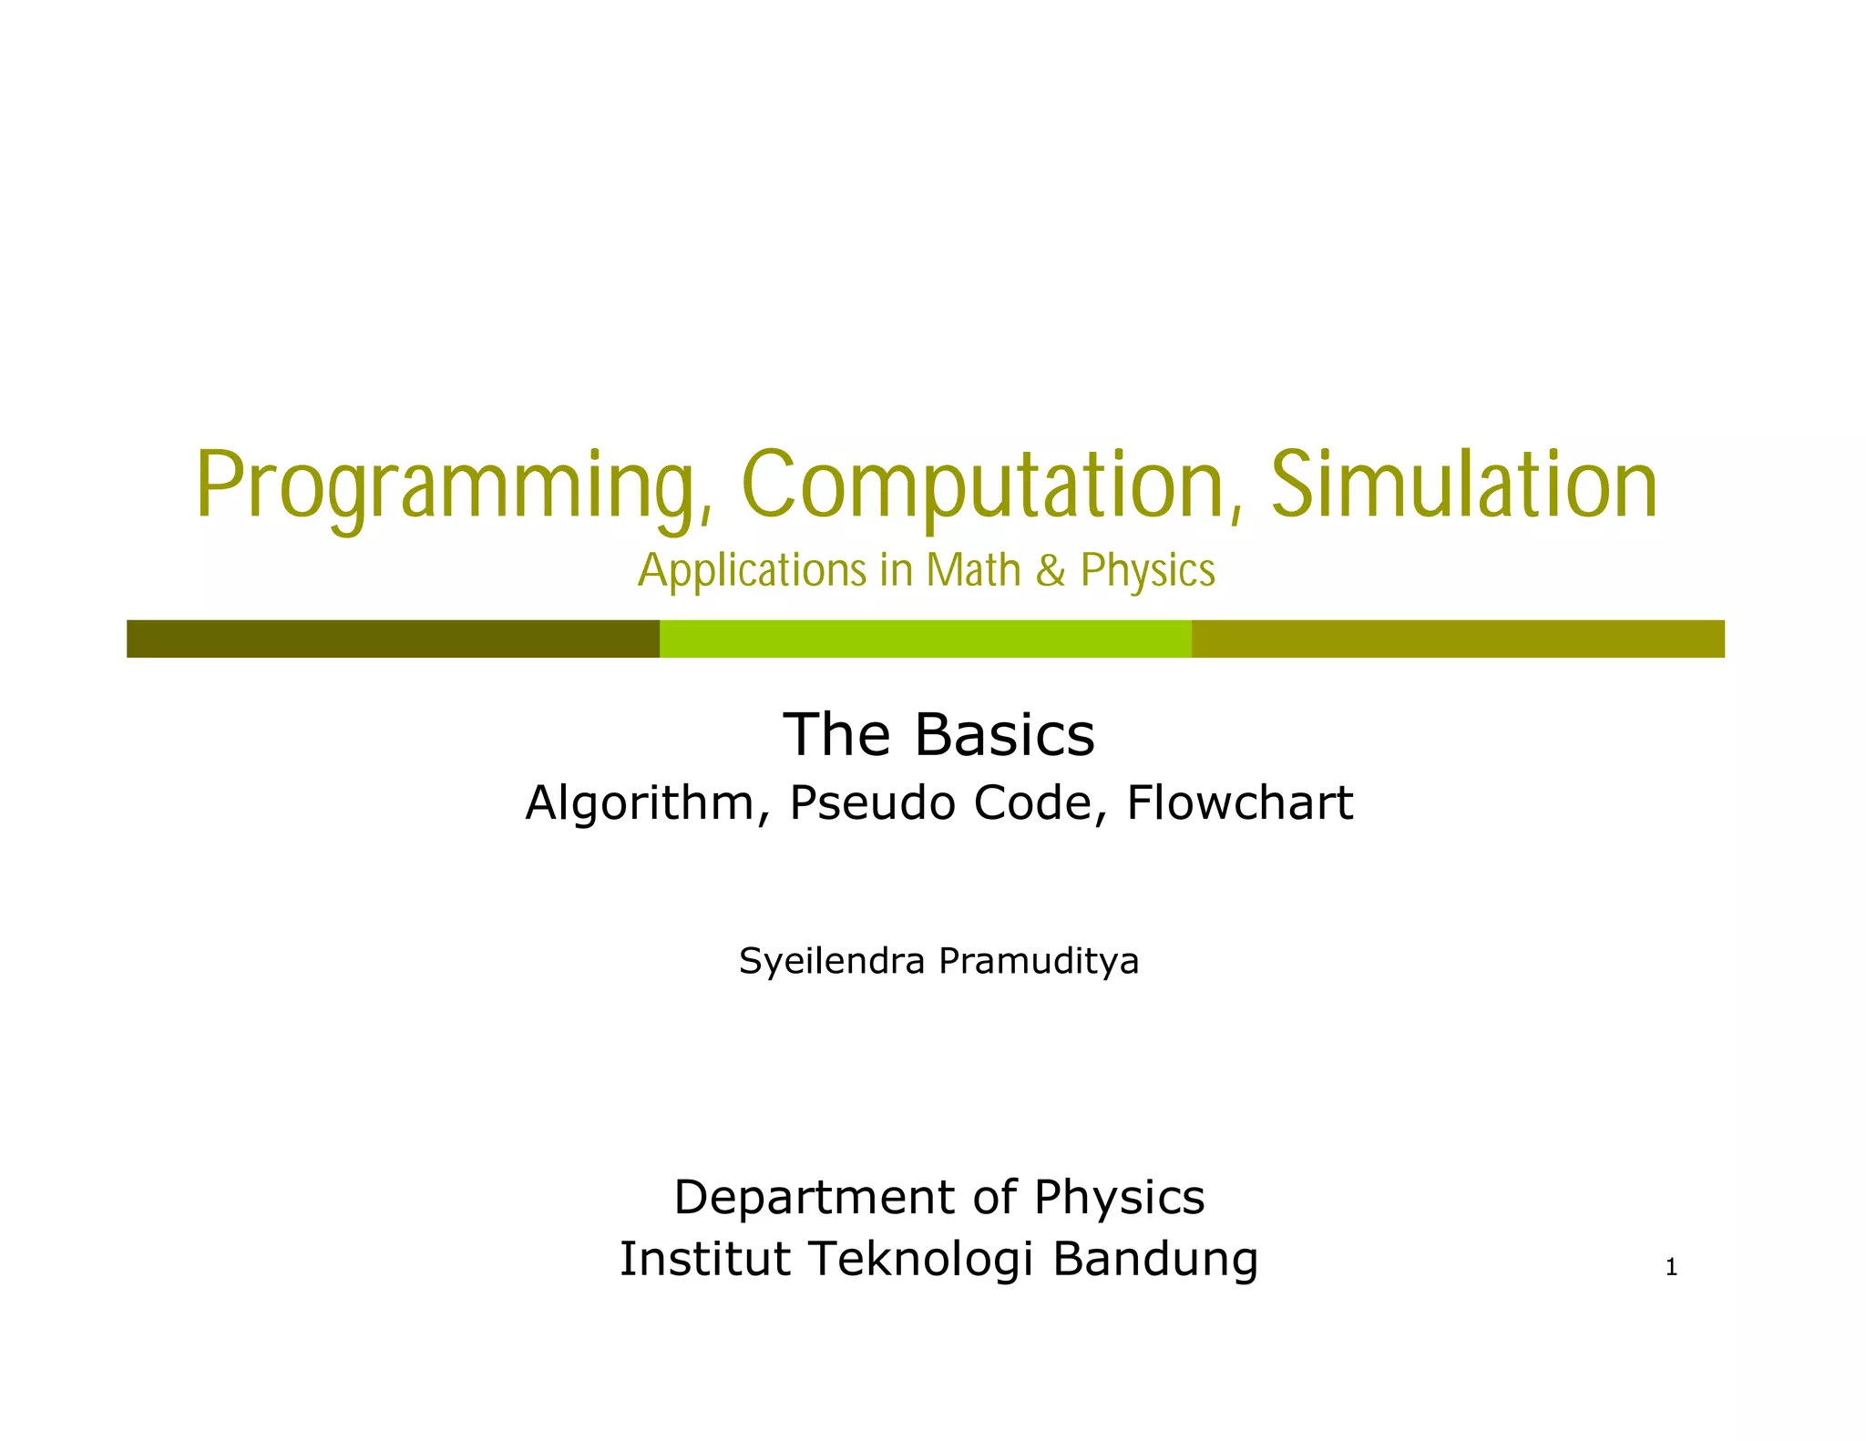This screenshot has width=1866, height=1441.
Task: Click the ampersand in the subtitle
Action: (x=1051, y=571)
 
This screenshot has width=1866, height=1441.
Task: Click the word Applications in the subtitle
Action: (x=753, y=571)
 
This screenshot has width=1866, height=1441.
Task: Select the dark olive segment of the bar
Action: (x=393, y=639)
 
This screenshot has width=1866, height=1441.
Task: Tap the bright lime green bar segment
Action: (x=925, y=639)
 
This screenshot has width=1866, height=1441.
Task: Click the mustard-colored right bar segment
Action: (x=1458, y=639)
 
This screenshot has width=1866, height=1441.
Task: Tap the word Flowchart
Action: (x=1239, y=803)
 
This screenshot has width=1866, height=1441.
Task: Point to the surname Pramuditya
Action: (x=1039, y=962)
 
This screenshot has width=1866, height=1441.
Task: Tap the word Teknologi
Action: (x=920, y=1259)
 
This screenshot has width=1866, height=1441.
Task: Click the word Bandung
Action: (x=1155, y=1259)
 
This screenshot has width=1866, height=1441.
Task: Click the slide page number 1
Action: (x=1671, y=1267)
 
